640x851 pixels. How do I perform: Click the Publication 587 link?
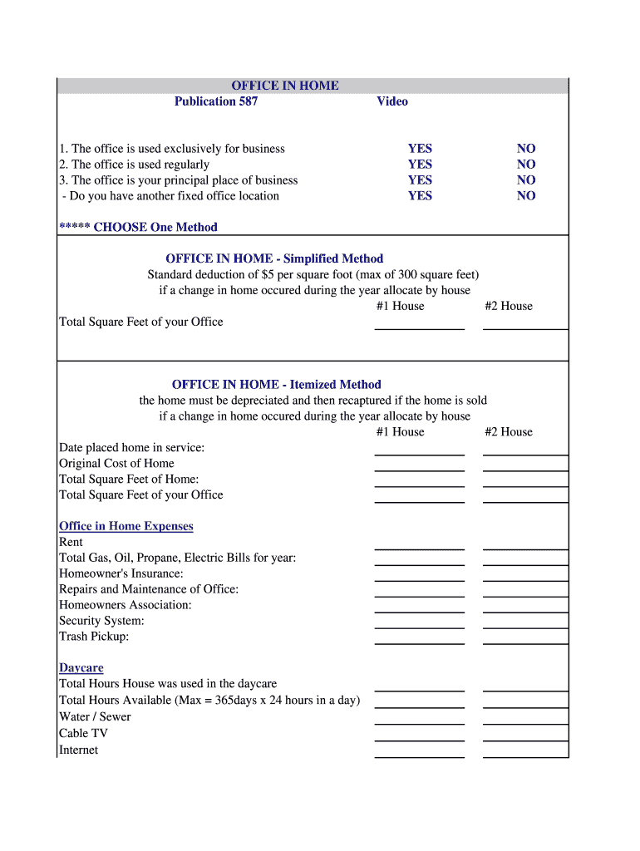[x=216, y=101]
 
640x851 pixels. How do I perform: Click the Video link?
[x=392, y=101]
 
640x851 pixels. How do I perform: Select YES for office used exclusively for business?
[x=420, y=149]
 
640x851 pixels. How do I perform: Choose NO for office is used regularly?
[x=526, y=165]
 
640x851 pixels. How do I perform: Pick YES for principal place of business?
[x=420, y=180]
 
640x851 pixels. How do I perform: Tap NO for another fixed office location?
[x=526, y=196]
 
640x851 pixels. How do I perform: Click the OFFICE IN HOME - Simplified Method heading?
[x=274, y=258]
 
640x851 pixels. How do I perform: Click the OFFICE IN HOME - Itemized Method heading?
[x=276, y=384]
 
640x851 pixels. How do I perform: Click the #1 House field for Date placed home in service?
[x=419, y=448]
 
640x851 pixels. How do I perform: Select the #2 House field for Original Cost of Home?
[x=525, y=464]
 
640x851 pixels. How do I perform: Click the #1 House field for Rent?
[x=419, y=543]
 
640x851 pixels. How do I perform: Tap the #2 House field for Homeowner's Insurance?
[x=525, y=574]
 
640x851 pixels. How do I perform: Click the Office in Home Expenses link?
[x=126, y=526]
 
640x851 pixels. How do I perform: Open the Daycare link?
[x=81, y=668]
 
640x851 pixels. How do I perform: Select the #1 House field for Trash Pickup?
[x=419, y=637]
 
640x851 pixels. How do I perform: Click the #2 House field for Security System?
[x=525, y=622]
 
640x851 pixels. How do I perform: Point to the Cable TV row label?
[x=84, y=733]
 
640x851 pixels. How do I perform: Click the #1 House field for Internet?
[x=419, y=750]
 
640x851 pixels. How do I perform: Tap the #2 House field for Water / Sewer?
[x=525, y=717]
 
